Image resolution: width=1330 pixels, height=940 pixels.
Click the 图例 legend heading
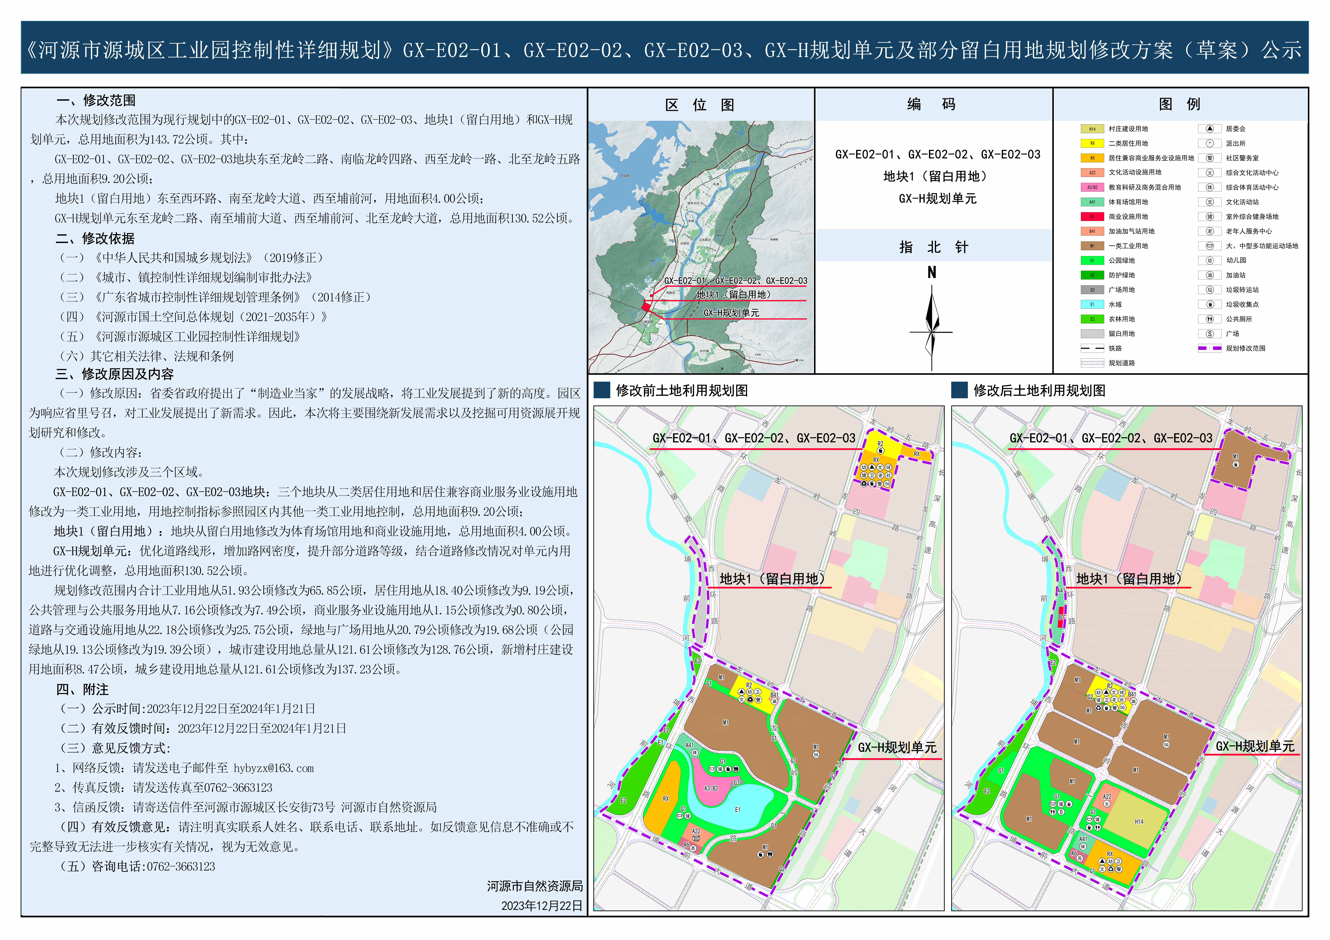point(1179,104)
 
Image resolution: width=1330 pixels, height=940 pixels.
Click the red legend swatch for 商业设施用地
point(1092,216)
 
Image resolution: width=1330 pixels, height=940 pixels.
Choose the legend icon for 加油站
point(1210,275)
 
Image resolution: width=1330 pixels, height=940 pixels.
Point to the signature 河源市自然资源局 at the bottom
point(534,886)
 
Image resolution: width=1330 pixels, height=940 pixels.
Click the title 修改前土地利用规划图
point(682,391)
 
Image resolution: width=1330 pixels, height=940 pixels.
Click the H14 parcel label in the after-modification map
point(1139,822)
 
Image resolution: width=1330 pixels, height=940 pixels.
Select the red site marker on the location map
point(646,306)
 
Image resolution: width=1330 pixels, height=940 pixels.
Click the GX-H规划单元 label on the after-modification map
point(1255,747)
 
